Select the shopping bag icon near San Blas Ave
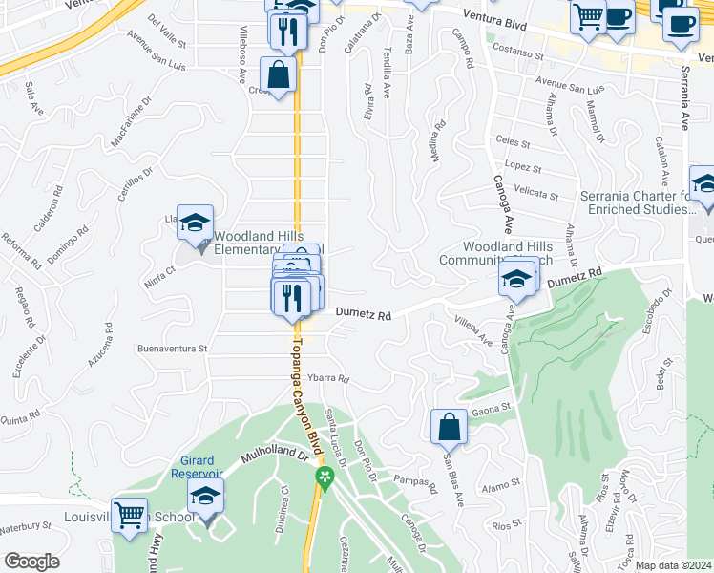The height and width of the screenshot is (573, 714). (x=449, y=429)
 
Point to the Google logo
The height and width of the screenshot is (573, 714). (x=31, y=562)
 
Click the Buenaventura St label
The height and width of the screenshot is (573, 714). (x=173, y=350)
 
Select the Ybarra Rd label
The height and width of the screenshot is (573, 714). (x=328, y=378)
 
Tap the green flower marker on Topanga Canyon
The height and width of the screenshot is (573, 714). (x=325, y=477)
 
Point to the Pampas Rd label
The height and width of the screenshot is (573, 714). (x=413, y=481)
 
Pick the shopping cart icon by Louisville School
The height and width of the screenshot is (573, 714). (x=130, y=516)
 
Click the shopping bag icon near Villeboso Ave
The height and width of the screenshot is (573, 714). (x=278, y=75)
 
